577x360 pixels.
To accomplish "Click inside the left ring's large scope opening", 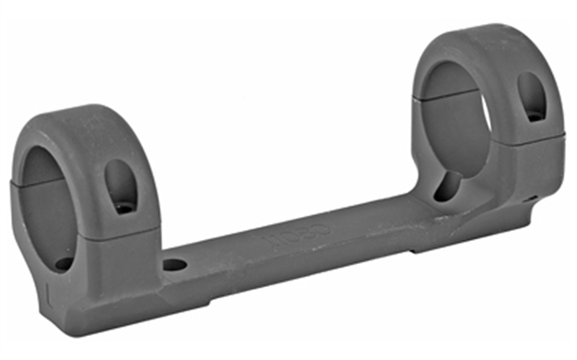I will (x=51, y=198).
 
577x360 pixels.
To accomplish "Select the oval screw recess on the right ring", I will (x=532, y=95).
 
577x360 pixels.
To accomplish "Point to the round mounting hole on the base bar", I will (x=173, y=265).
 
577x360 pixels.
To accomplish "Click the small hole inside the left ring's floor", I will (x=62, y=263).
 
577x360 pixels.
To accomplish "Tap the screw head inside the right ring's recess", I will (x=534, y=114).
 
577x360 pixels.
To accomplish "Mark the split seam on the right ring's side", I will (x=535, y=138).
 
